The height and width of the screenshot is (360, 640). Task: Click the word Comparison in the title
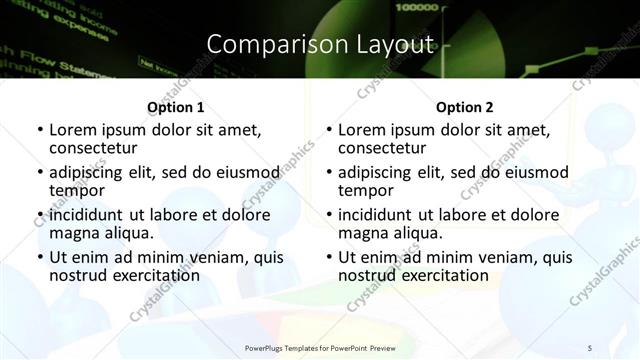267,44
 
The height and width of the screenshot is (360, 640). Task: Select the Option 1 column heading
175,107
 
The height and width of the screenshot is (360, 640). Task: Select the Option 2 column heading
464,107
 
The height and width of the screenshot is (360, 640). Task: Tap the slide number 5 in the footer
590,347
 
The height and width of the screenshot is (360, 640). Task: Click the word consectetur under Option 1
96,149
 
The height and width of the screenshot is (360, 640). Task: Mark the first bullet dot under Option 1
39,130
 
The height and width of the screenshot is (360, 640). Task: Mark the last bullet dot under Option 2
328,257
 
